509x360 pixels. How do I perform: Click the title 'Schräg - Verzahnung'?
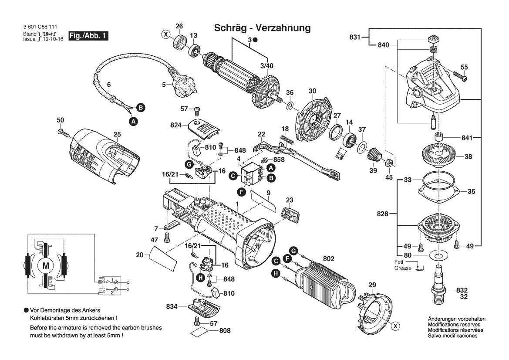pos(262,28)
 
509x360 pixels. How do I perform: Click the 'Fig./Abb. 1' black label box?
pos(88,36)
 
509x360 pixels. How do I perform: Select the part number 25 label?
pos(117,135)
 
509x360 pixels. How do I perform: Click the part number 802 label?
pos(328,259)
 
